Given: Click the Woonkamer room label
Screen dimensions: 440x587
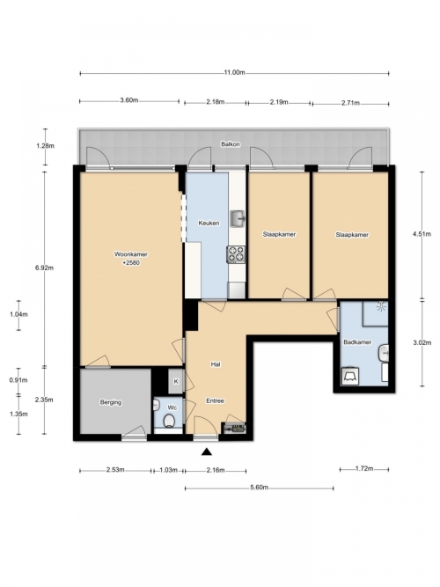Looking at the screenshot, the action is pos(131,254).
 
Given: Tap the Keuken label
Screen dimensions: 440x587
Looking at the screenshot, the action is pos(209,224).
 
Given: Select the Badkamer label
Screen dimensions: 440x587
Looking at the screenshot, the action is pos(357,341).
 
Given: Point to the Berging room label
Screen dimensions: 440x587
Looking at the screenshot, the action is pos(111,402).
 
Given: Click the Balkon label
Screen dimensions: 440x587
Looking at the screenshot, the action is pos(231,144).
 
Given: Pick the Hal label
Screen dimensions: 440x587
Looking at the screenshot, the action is pos(216,363).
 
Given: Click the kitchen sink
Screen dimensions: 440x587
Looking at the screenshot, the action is pos(238,218).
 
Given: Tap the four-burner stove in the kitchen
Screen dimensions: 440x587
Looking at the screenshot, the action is pos(236,254).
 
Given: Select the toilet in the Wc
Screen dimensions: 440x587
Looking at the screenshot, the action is pos(169,421).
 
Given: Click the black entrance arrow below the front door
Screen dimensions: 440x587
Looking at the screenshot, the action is pos(207,451).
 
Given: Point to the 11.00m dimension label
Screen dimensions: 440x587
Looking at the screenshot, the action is pos(234,73).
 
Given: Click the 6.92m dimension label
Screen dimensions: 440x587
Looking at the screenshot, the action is pos(44,268).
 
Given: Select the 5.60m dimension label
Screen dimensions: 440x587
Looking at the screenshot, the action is pos(259,488).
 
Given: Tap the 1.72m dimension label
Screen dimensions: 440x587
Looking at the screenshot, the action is pos(364,468).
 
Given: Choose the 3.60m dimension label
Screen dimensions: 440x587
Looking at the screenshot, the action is pos(129,100).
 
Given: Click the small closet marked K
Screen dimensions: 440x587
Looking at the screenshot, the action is pos(176,381).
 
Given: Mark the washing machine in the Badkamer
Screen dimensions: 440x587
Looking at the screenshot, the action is pos(350,377).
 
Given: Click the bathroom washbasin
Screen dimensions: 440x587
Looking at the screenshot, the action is pos(384,353).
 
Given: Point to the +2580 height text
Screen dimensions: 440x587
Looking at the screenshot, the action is pos(131,263).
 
